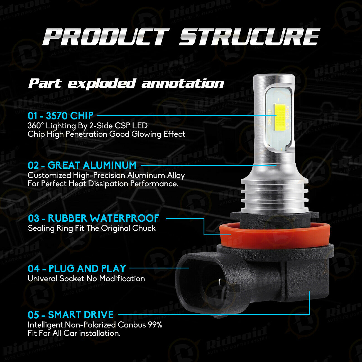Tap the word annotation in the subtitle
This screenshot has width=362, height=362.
pos(183,84)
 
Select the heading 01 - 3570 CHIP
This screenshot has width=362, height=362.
pos(61,116)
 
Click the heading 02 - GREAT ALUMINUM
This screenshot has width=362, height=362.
pos(82,165)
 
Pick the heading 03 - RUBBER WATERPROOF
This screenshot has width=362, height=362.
pos(94,218)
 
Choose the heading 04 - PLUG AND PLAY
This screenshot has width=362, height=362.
pos(77,268)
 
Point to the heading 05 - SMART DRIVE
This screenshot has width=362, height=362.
pos(71,315)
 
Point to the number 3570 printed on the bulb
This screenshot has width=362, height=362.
pos(270,117)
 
